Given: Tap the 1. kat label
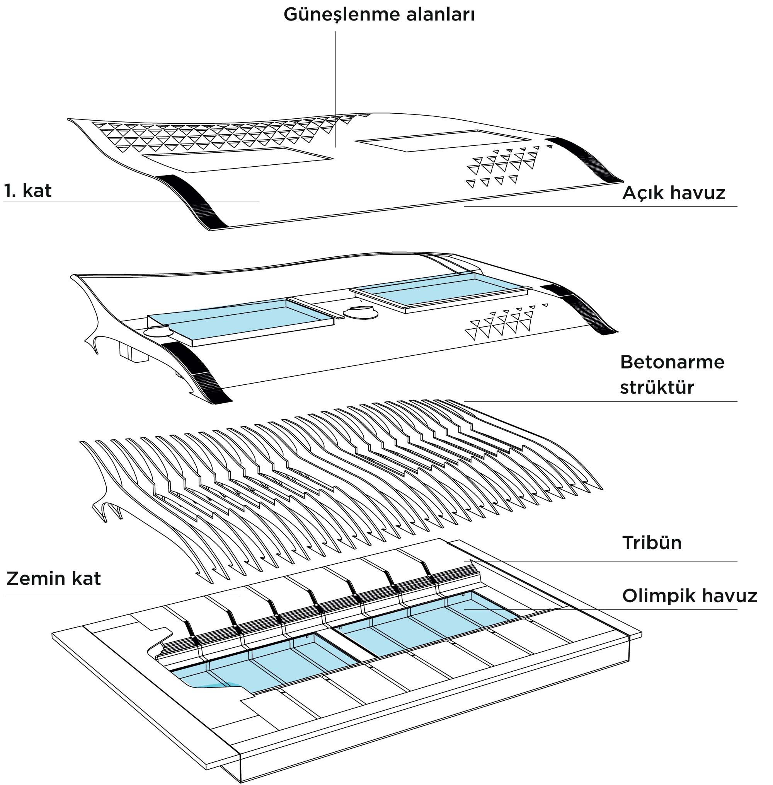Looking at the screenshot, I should click(28, 191).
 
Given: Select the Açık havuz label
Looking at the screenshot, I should click(673, 193).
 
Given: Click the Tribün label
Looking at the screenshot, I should click(652, 543).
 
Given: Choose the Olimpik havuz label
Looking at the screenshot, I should click(690, 596).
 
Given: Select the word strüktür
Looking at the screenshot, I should click(657, 387).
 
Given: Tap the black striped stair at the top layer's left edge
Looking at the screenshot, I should click(191, 199).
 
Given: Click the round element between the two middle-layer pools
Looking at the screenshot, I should click(361, 312).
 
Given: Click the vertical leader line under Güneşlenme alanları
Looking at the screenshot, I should click(335, 89).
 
